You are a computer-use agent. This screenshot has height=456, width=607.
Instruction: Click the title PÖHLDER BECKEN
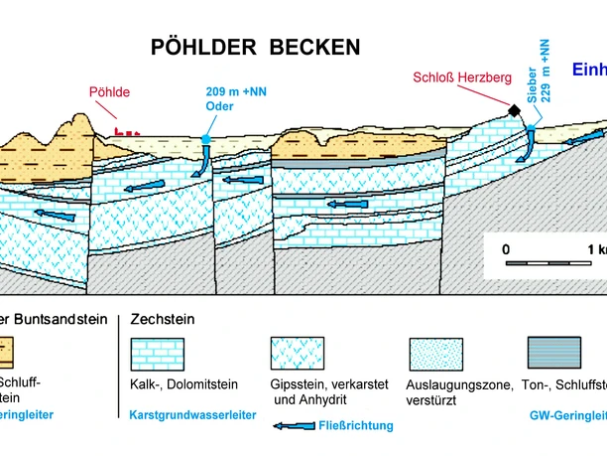coord(255,47)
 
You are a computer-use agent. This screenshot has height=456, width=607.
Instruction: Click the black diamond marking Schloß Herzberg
coord(516,111)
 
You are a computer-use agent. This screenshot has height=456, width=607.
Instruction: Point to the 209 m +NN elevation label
coord(229,92)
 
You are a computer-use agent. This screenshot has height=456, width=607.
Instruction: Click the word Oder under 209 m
coord(219,106)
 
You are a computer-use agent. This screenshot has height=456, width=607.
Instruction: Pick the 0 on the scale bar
coord(506,248)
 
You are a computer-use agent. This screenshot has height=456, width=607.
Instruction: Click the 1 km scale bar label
coord(595,248)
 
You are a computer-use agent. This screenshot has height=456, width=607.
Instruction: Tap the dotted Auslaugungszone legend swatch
coord(435,355)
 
